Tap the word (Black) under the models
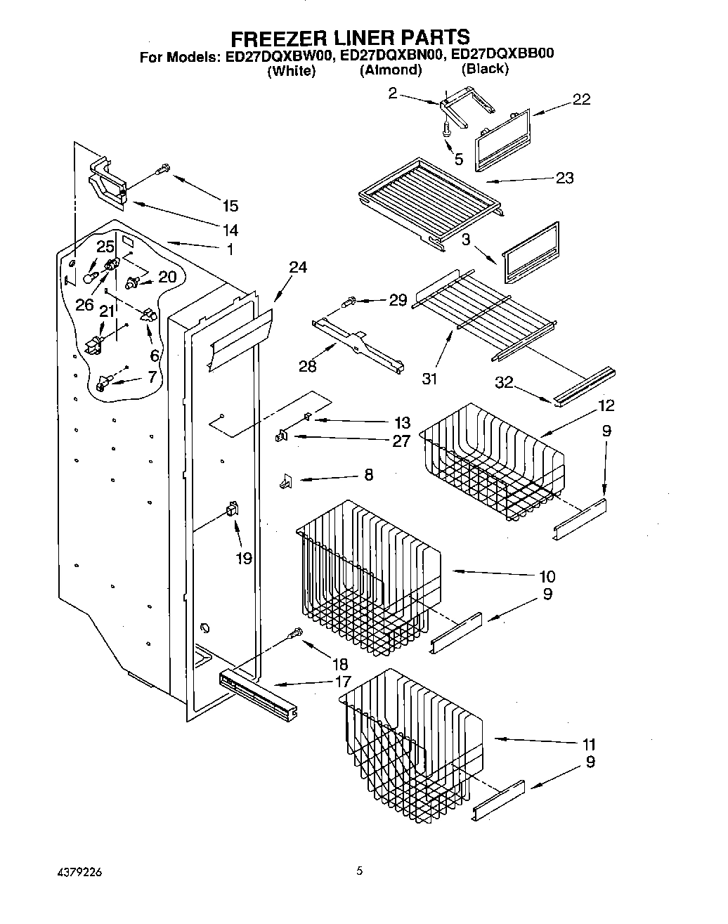click(484, 69)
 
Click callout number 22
click(581, 100)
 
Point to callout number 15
click(230, 206)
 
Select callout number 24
click(298, 267)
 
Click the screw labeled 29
click(349, 301)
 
